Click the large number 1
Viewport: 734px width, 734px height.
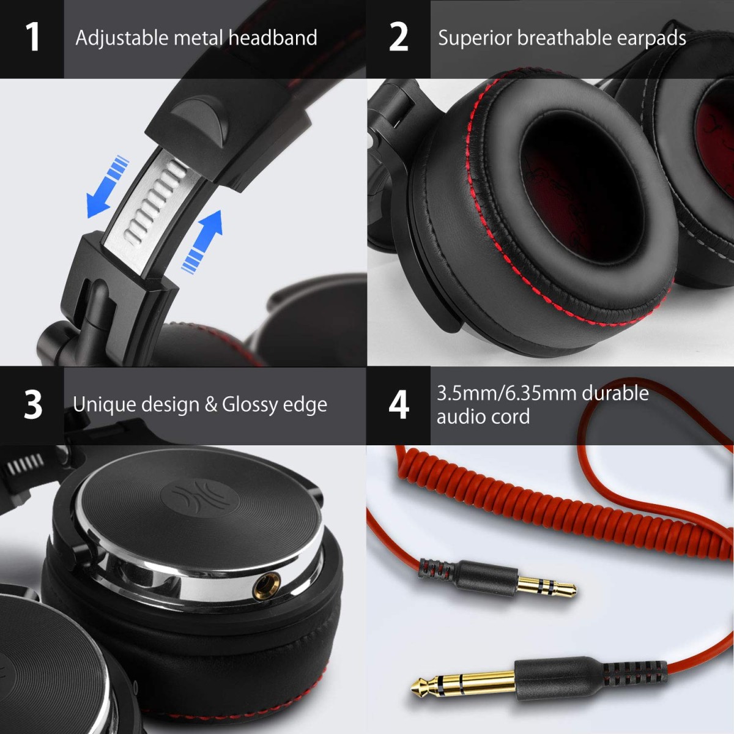[x=32, y=37]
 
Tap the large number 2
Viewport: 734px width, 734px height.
[x=398, y=37]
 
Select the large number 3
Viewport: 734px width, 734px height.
[x=33, y=404]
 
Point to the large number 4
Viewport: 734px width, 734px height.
[x=398, y=404]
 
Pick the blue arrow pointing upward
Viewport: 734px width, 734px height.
[x=204, y=239]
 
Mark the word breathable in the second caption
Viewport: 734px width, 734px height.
[x=564, y=38]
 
